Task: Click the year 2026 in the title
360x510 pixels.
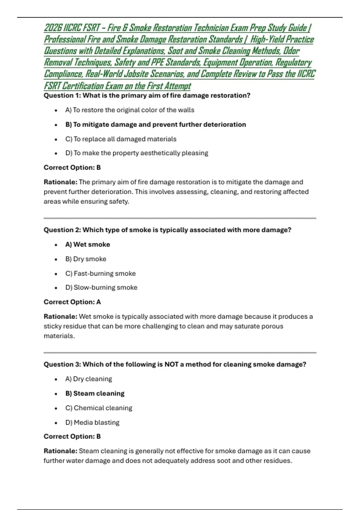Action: pyautogui.click(x=53, y=28)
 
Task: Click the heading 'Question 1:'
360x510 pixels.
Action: pyautogui.click(x=62, y=96)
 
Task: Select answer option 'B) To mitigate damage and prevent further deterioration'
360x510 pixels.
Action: pyautogui.click(x=155, y=124)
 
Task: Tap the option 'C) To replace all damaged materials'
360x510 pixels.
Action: pyautogui.click(x=121, y=139)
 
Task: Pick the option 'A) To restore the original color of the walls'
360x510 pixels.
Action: pyautogui.click(x=130, y=110)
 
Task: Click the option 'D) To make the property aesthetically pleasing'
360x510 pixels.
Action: pyautogui.click(x=136, y=153)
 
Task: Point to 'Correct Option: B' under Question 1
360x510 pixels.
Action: pyautogui.click(x=72, y=167)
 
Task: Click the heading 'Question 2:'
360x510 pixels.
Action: pyautogui.click(x=62, y=230)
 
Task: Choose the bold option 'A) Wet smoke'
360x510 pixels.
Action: pyautogui.click(x=88, y=244)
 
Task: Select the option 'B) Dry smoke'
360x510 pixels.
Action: pyautogui.click(x=85, y=259)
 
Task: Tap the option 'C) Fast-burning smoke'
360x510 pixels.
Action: pyautogui.click(x=100, y=274)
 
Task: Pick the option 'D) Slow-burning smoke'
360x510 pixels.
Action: pyautogui.click(x=101, y=287)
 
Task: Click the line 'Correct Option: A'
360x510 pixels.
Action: pyautogui.click(x=72, y=302)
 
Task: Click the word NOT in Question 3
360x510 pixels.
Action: pyautogui.click(x=171, y=364)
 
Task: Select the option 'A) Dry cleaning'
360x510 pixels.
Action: pyautogui.click(x=88, y=379)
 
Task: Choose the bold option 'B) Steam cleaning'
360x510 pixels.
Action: pyautogui.click(x=95, y=393)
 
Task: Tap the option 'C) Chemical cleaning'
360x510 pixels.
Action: pyautogui.click(x=98, y=408)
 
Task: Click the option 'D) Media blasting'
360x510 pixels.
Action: pyautogui.click(x=92, y=422)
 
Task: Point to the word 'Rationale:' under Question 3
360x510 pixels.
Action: pyautogui.click(x=60, y=451)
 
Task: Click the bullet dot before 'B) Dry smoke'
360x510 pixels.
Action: pyautogui.click(x=56, y=259)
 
